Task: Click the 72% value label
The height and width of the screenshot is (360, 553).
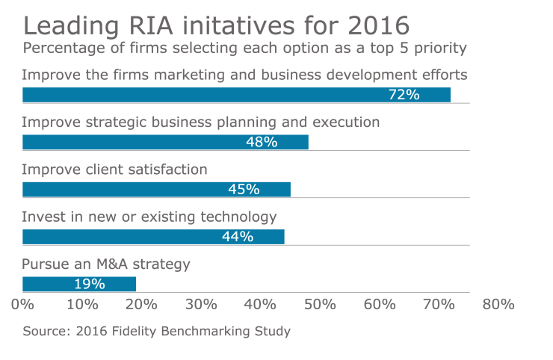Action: pos(404,95)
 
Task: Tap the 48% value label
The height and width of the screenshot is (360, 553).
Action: pos(262,142)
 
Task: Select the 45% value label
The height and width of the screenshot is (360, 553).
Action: pos(244,189)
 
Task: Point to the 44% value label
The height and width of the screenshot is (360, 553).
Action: pos(238,237)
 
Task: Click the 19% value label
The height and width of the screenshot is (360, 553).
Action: pos(89,284)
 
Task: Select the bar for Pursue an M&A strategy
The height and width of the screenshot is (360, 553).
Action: pos(79,284)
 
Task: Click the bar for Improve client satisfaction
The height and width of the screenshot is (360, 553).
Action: pos(156,189)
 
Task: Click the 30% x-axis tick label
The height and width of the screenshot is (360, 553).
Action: pos(201,304)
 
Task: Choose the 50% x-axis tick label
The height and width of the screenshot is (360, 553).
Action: pos(320,304)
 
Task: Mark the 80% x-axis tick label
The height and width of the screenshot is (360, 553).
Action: pos(498,304)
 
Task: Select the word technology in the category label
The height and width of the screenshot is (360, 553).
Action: pos(238,217)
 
